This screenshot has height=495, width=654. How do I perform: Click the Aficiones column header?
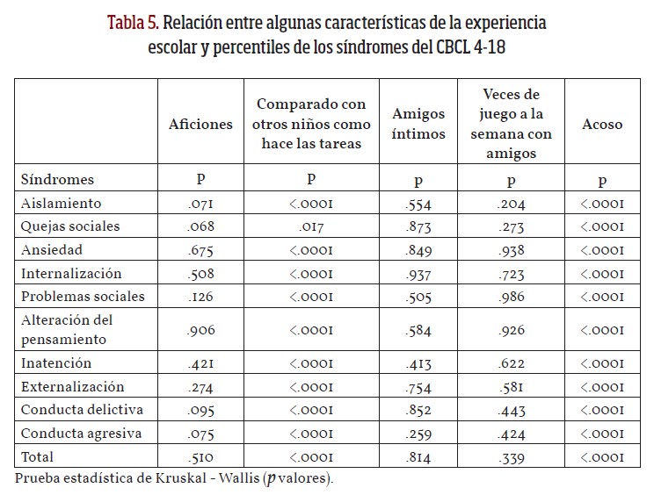pos(200,124)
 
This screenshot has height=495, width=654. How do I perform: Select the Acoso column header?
pos(602,124)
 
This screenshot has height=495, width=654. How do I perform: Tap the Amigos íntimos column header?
pos(418,124)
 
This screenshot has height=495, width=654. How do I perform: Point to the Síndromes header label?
pos(56,179)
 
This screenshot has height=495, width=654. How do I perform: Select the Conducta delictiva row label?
pos(72,410)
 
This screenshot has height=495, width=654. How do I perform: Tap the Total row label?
pos(37,456)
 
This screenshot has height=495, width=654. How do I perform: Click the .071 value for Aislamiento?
pos(200,204)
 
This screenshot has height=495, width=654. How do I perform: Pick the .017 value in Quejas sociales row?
pos(311,227)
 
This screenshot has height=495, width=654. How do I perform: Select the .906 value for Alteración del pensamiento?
pos(200,330)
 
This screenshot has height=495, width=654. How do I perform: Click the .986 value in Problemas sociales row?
pos(512,297)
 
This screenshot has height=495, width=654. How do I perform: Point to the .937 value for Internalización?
pos(418,274)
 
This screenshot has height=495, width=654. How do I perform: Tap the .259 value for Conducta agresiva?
pos(418,434)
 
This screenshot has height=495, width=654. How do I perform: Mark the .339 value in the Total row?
pos(512,457)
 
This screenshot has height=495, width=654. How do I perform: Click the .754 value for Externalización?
pos(418,387)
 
